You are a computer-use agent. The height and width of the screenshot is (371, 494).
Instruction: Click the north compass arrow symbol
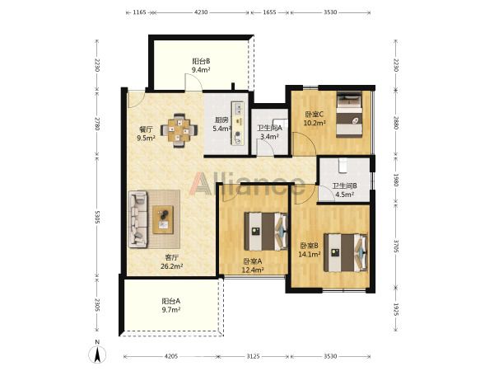click(98, 355)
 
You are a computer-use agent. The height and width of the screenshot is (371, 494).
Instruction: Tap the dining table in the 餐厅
click(179, 130)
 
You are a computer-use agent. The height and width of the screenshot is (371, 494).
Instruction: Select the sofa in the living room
click(137, 219)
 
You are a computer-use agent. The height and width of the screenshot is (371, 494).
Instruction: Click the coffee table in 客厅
click(163, 219)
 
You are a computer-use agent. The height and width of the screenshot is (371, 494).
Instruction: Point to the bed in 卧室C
click(349, 115)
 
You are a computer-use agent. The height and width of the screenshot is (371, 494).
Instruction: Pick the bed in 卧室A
click(266, 232)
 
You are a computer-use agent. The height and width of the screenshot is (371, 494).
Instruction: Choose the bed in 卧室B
click(346, 252)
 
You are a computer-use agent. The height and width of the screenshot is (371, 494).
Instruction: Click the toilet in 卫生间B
click(343, 166)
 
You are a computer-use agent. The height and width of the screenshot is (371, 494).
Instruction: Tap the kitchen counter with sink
click(238, 124)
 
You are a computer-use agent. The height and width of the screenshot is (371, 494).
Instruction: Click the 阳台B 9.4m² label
click(202, 65)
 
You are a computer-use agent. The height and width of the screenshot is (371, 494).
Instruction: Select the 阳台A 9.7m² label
click(171, 305)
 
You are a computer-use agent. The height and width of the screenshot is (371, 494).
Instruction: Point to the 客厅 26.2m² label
click(172, 262)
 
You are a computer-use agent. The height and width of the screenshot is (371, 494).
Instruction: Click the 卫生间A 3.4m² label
click(269, 133)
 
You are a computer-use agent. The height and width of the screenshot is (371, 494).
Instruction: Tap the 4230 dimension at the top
click(201, 12)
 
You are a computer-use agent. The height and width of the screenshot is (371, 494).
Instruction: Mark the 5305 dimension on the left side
click(97, 217)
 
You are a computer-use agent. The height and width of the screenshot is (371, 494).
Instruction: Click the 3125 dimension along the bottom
click(253, 356)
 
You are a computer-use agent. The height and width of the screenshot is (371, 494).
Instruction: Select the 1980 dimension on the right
click(396, 179)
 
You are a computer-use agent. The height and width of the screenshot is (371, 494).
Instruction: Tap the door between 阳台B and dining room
click(193, 82)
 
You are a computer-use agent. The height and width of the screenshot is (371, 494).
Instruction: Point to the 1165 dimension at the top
click(139, 12)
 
